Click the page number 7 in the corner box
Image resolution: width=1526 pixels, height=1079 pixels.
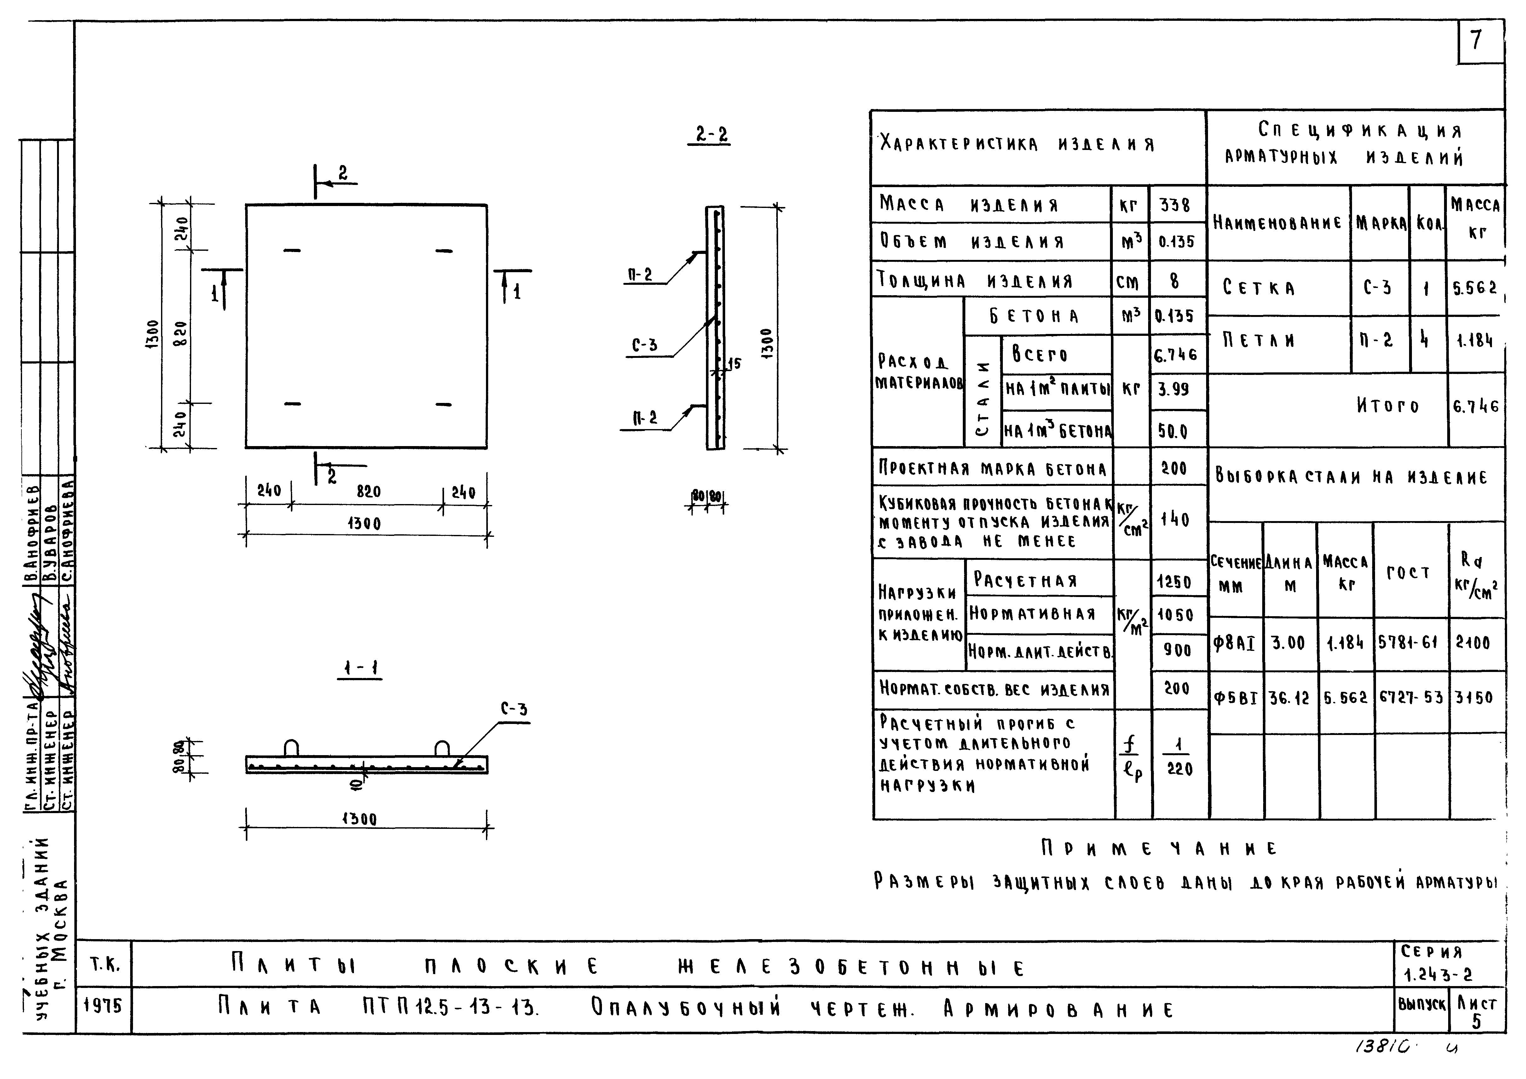1476,41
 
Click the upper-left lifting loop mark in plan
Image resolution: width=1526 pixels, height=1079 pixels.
292,250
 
